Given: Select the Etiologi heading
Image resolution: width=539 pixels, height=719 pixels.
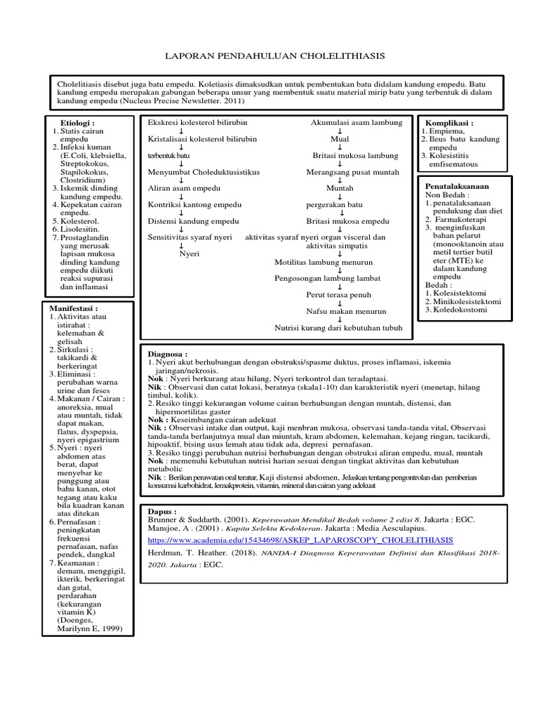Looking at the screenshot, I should pos(78,122).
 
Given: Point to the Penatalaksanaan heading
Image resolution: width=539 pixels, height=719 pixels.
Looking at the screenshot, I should pos(457,187).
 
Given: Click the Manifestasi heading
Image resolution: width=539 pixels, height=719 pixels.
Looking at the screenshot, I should pos(74,308).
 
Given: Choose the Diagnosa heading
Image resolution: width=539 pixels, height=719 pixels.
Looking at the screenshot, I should pos(168,355).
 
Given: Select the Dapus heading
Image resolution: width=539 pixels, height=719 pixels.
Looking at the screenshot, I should pos(161,512).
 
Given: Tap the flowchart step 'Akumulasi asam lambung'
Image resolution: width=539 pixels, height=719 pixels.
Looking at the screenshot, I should pos(357,122).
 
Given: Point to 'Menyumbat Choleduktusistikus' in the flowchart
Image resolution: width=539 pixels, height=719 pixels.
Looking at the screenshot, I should pos(204,172).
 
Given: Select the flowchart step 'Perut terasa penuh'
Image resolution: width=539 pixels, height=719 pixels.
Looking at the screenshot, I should pos(338,295).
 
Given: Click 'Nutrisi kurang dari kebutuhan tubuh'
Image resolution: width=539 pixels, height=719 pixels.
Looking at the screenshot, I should pos(338,327).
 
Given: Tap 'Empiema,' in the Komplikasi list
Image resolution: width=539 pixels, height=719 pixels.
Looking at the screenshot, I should pos(447,131).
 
